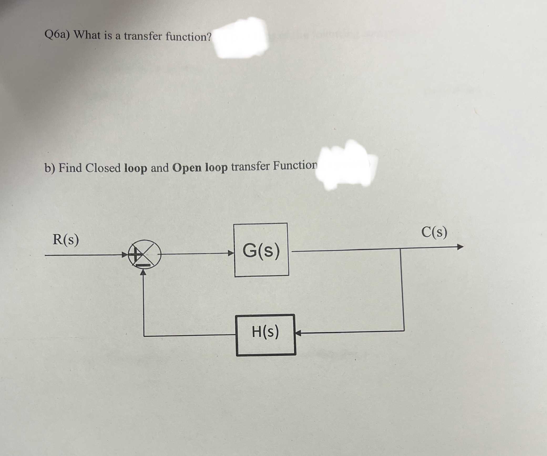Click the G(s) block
(x=261, y=250)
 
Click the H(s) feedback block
(x=265, y=335)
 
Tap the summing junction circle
(x=144, y=254)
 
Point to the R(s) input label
(x=66, y=240)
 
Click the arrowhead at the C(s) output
(x=460, y=247)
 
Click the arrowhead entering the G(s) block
(x=231, y=253)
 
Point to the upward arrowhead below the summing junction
(x=143, y=272)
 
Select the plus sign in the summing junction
(x=135, y=254)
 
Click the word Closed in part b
(x=103, y=168)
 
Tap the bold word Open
(x=187, y=168)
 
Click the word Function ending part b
(x=295, y=166)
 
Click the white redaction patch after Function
(x=347, y=166)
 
